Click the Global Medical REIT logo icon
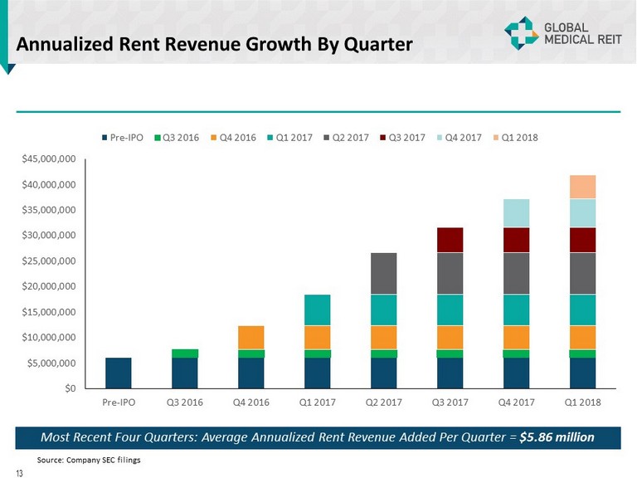pos(522,32)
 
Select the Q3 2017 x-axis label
pos(450,403)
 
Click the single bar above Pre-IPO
pos(119,373)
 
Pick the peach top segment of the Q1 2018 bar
pos(582,187)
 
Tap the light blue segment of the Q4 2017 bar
pos(516,213)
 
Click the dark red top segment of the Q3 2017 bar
pos(450,240)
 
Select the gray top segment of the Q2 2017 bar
pos(383,273)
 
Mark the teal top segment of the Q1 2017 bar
pos(317,310)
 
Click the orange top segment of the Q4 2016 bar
pos(250,338)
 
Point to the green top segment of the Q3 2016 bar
pos(184,354)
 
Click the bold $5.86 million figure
pos(562,437)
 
